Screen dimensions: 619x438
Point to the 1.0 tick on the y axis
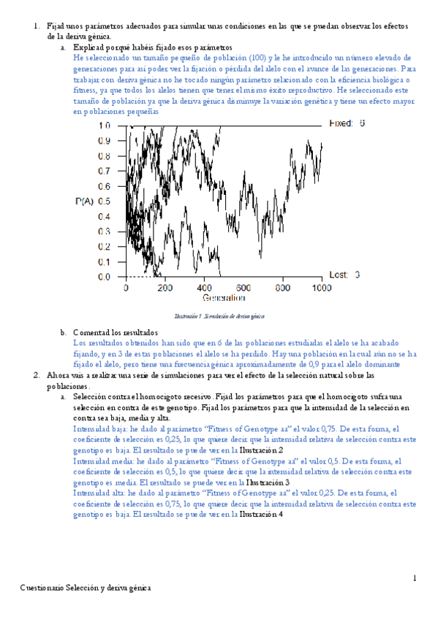(104, 125)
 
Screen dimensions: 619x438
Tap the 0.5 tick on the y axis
(104, 201)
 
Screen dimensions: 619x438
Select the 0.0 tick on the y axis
(104, 277)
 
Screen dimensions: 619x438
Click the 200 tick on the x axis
(165, 288)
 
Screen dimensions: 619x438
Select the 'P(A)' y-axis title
(84, 201)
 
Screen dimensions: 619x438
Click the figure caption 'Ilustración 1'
(188, 316)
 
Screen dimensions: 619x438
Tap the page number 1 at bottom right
(413, 578)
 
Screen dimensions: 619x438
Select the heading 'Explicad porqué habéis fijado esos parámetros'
(152, 46)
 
